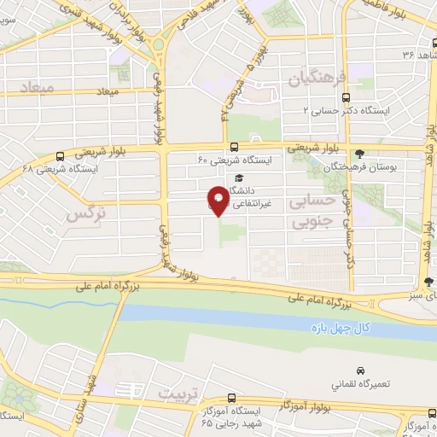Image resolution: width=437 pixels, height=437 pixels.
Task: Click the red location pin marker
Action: point(218,201)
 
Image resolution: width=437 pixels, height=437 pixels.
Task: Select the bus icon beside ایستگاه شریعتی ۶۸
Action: point(59,156)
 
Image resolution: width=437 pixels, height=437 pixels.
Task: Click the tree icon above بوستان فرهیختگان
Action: point(361,154)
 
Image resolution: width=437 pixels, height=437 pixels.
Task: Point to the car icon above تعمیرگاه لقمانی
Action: point(362,371)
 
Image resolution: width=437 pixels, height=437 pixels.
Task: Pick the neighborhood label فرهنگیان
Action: point(318,80)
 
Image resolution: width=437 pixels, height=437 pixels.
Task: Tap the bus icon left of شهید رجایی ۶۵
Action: point(231,399)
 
